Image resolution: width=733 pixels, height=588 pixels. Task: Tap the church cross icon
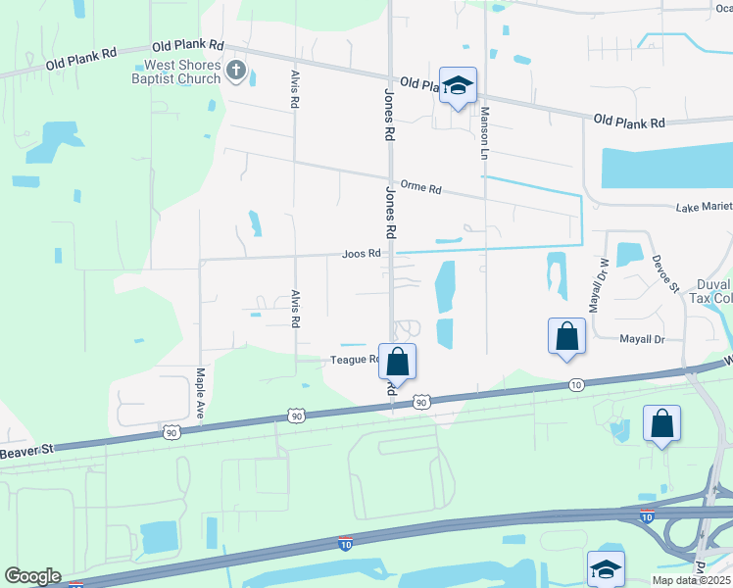coord(235,70)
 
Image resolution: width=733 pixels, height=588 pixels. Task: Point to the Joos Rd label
coord(361,254)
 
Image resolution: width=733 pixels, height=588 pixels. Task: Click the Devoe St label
coord(665,273)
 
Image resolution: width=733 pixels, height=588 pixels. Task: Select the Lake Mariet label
coord(705,208)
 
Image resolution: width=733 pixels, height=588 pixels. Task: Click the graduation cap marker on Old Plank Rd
coord(458,86)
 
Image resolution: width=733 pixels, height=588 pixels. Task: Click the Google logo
coord(32,576)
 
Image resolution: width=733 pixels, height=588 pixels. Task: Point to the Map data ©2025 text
coord(691,580)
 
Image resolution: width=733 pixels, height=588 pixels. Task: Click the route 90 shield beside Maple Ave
coord(171,431)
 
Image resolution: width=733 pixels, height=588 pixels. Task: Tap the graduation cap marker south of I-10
coord(606,568)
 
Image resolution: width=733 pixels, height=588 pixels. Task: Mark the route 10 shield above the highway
coord(575,385)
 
